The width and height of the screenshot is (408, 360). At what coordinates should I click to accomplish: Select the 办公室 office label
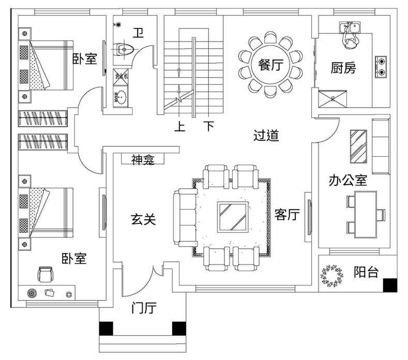(x=348, y=180)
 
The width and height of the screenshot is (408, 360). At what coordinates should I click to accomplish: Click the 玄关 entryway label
(x=143, y=220)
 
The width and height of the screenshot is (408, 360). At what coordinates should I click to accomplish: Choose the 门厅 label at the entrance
(x=144, y=309)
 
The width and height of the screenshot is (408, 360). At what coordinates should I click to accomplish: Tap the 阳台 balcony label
(x=366, y=273)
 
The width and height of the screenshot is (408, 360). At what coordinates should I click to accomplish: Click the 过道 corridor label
(x=266, y=136)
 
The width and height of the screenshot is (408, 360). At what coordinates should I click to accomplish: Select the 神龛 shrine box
(x=142, y=160)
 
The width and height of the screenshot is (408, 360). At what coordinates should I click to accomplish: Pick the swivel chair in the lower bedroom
(x=46, y=274)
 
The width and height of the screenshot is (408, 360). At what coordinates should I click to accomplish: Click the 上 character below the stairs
(x=180, y=126)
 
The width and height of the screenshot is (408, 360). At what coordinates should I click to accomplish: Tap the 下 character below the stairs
(x=208, y=126)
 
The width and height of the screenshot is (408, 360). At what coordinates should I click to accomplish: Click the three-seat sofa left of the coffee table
(x=185, y=217)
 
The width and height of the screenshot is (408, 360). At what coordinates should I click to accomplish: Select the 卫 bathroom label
(x=138, y=34)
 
